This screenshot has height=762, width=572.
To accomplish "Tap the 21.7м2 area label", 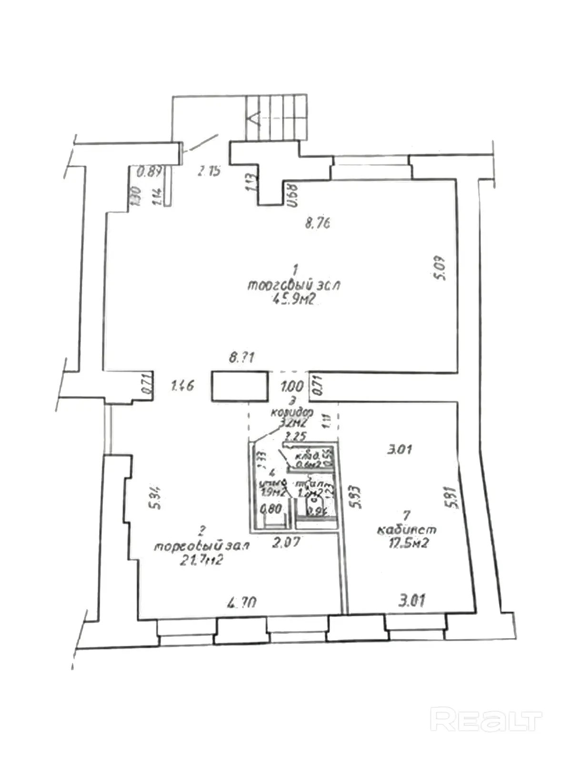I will coord(202,561).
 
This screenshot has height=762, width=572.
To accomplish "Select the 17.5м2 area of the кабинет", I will coord(408,543).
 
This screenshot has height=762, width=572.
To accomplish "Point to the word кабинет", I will coord(406,530).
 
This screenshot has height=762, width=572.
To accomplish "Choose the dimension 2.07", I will coord(286,541).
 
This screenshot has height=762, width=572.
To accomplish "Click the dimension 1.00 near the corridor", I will coord(292,385).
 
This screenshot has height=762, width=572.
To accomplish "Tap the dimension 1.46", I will coord(182,385).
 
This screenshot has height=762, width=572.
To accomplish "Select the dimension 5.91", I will coord(454,497).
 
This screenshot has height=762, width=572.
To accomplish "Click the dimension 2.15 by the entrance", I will coord(210,170).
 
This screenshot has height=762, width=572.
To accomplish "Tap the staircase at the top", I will coord(276,118).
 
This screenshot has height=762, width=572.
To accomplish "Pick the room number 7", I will coord(406,515).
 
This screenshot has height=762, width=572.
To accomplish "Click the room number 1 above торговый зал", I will coord(295,271).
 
